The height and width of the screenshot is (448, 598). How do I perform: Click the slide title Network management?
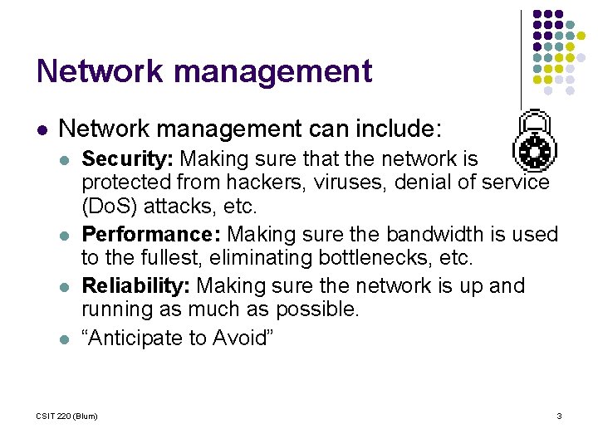click(x=204, y=71)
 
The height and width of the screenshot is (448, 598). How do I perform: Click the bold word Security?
click(x=128, y=158)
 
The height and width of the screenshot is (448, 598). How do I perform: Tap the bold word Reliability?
click(x=136, y=286)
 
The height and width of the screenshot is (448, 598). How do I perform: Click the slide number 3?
click(x=559, y=416)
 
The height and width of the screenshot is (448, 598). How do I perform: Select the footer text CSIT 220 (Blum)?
click(x=67, y=416)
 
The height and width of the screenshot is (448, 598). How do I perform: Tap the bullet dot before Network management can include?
click(x=42, y=130)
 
